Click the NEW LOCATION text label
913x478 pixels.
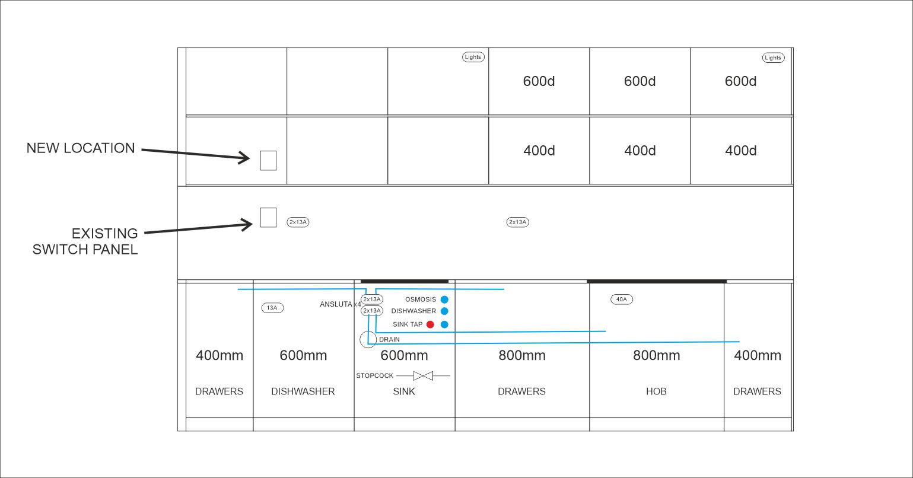(81, 148)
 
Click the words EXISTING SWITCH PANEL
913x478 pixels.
(85, 241)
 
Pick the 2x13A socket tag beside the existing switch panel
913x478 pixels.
(298, 222)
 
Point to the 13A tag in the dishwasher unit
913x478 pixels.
(272, 308)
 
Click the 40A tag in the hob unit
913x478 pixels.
(622, 299)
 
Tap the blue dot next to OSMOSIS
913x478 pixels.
(445, 299)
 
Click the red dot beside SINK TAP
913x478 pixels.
(430, 324)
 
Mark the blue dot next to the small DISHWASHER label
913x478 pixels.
(445, 311)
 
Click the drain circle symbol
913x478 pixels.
(368, 332)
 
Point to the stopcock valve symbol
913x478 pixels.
(423, 375)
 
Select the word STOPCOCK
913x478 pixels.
(374, 375)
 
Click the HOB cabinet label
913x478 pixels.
(656, 391)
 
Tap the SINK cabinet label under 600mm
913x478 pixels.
(404, 391)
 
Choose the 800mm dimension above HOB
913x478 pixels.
(656, 355)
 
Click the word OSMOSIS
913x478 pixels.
(421, 299)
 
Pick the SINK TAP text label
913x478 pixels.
(408, 324)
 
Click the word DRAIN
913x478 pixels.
(389, 339)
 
